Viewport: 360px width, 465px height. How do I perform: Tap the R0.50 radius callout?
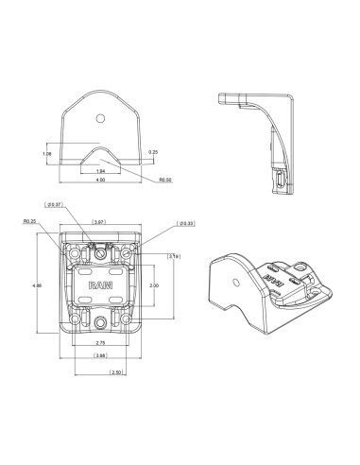[x=164, y=178]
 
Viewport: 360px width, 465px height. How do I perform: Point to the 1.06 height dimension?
[x=46, y=152]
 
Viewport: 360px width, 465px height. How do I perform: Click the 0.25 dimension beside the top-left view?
[x=153, y=150]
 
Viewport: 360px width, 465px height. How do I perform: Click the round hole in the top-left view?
[x=99, y=119]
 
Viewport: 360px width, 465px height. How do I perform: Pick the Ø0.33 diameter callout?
[x=186, y=224]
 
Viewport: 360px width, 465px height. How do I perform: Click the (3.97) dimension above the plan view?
[x=97, y=223]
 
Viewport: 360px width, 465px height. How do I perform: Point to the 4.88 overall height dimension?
[x=38, y=284]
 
